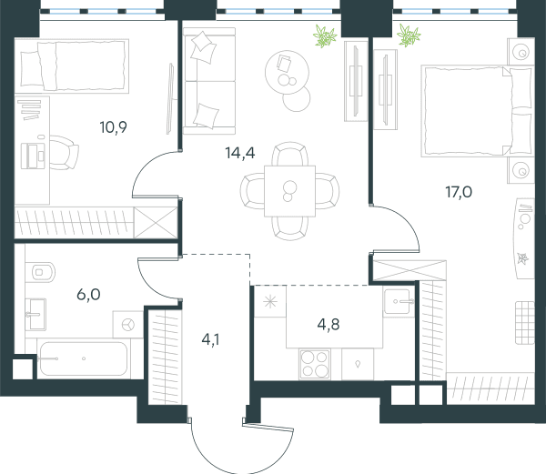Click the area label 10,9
click(113, 127)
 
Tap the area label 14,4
click(240, 153)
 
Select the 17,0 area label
click(459, 192)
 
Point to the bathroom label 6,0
click(88, 295)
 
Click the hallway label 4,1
click(210, 339)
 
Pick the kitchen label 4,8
click(329, 325)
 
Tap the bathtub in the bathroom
click(83, 358)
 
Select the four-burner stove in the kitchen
click(315, 364)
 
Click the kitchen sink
click(398, 301)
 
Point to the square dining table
click(289, 191)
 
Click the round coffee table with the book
click(287, 72)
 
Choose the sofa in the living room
click(209, 81)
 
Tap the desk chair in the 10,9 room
click(64, 153)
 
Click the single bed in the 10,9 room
click(72, 66)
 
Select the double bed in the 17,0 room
click(478, 110)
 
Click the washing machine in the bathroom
click(127, 325)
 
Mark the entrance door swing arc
click(242, 449)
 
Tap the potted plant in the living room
click(325, 35)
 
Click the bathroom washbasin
click(35, 314)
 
